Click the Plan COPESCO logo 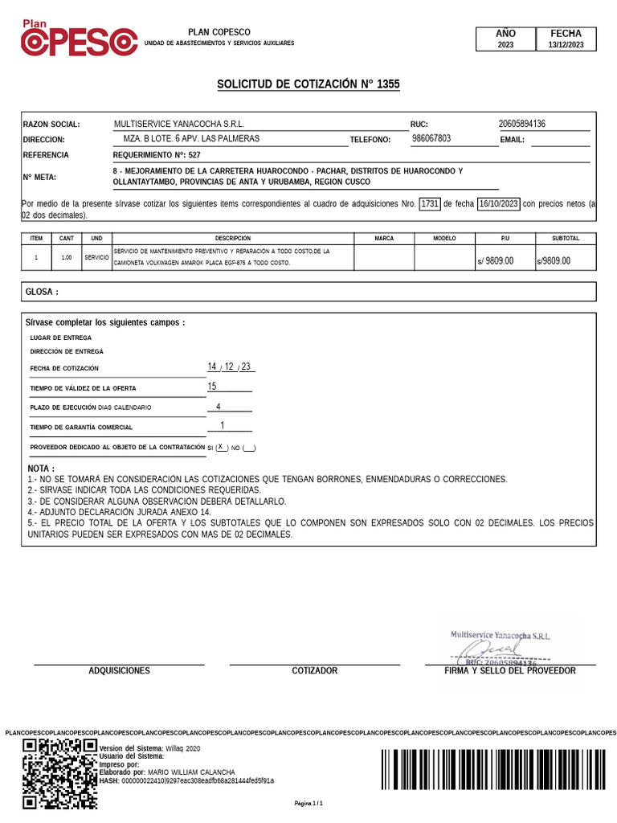point(78,39)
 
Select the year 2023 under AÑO point(505,46)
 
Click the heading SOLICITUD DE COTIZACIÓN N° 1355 point(308,84)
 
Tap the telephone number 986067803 point(431,138)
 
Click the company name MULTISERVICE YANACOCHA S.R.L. point(179,124)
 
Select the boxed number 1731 point(430,203)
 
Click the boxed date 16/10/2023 point(497,203)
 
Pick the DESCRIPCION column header point(233,239)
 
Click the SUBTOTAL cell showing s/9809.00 point(554,260)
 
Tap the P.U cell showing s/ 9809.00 point(494,260)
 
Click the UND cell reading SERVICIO point(96,257)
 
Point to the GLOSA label point(43,293)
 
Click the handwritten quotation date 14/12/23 point(230,367)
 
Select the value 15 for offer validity point(213,387)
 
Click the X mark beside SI point(220,447)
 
